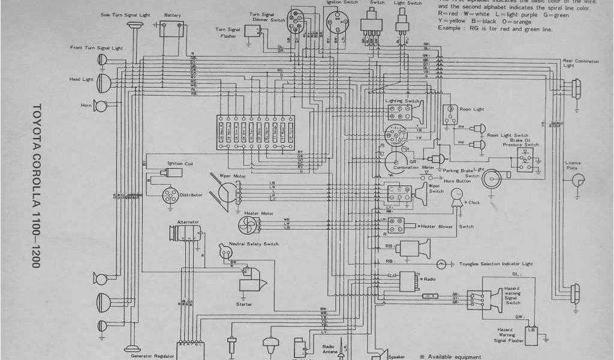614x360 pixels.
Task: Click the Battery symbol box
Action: pos(171,28)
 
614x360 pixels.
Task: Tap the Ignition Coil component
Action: pos(174,172)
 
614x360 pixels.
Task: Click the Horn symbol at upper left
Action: pos(100,106)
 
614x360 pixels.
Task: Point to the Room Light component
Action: pos(449,114)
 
